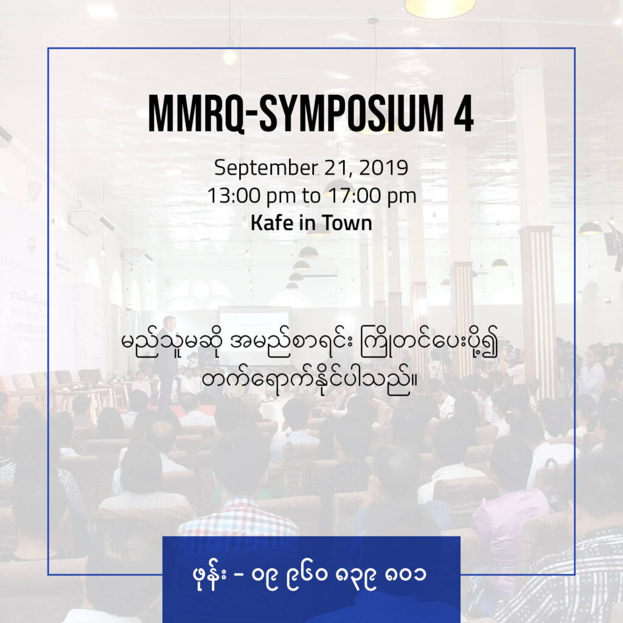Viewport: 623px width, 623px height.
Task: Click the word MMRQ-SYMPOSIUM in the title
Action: click(x=296, y=113)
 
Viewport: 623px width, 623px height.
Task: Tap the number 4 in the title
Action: click(x=464, y=113)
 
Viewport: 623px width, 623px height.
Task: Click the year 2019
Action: click(x=383, y=168)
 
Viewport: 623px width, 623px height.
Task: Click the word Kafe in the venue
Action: click(x=272, y=223)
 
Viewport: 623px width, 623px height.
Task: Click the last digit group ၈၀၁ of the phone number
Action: click(x=406, y=574)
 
